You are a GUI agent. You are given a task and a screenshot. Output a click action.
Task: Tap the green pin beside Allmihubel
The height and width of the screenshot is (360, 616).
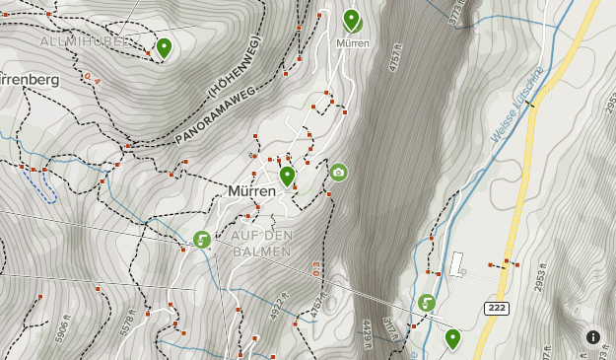coord(164,46)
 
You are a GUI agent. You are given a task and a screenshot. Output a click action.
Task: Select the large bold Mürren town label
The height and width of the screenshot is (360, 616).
coord(251,191)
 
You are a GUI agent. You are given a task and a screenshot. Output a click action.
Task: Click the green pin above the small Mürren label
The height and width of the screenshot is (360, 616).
coord(351,19)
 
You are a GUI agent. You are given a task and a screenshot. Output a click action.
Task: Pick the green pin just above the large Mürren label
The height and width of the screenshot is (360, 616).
coord(287,177)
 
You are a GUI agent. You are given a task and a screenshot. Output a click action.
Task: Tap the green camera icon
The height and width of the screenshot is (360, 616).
coord(339,173)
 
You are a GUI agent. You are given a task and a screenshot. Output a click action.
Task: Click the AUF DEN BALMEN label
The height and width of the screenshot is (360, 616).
coord(262,244)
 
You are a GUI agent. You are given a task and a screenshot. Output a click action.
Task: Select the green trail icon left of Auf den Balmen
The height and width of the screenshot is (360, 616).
coord(202,239)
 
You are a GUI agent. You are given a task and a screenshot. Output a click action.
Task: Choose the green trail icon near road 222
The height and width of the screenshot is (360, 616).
coord(427,303)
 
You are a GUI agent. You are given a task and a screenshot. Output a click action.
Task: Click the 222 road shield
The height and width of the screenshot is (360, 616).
coord(497,309)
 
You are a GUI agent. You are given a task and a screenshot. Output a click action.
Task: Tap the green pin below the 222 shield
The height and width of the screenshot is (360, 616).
coord(453,339)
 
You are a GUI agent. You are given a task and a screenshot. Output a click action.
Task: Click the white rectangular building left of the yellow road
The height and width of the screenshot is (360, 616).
coord(456,263)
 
